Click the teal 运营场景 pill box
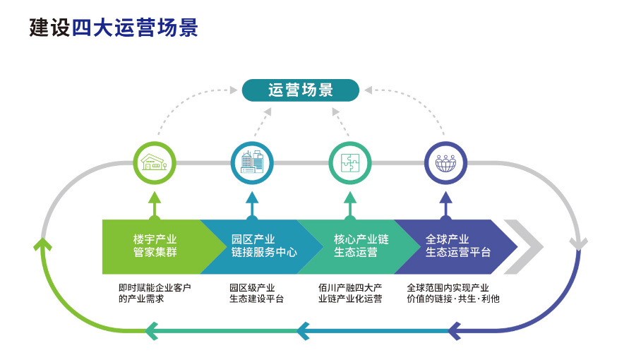click(x=301, y=90)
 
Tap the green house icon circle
click(x=155, y=163)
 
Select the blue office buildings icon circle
click(x=252, y=163)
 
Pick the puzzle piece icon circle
click(x=350, y=163)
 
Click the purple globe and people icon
click(x=445, y=163)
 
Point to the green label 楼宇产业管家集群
click(x=155, y=246)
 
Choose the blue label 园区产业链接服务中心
click(x=264, y=246)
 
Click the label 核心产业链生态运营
click(x=361, y=246)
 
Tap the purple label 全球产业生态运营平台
click(x=458, y=246)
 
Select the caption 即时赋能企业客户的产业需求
click(x=155, y=293)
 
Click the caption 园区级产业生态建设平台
click(x=256, y=293)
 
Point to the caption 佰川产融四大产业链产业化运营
click(x=350, y=293)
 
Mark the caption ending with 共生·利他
click(x=453, y=293)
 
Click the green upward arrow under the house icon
click(x=155, y=206)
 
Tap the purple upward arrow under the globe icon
click(x=445, y=206)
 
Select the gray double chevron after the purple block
click(x=524, y=247)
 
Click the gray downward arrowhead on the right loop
click(x=578, y=244)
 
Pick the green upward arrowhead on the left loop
click(x=42, y=244)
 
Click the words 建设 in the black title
click(x=49, y=28)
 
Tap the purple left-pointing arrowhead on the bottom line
click(x=454, y=331)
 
